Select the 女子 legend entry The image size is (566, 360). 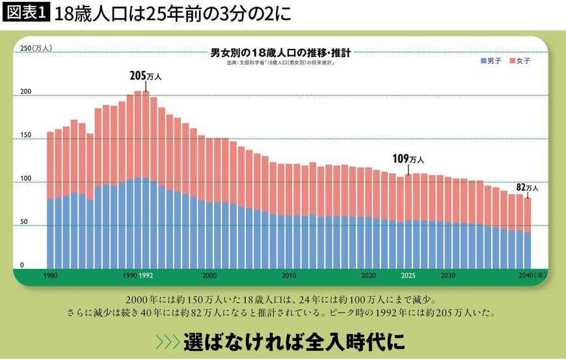click(x=520, y=61)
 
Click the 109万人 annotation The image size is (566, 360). click(x=408, y=159)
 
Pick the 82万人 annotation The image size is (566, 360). click(x=528, y=187)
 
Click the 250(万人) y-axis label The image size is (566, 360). click(x=34, y=48)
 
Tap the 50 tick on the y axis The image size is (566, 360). click(x=24, y=222)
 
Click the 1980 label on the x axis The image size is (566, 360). click(x=51, y=276)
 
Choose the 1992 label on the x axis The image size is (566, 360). click(x=146, y=276)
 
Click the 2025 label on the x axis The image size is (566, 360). click(x=407, y=276)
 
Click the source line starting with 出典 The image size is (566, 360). click(x=280, y=63)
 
